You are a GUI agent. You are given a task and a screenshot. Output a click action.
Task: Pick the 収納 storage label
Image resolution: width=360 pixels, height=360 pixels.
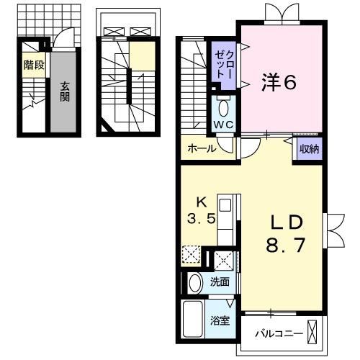click(309, 149)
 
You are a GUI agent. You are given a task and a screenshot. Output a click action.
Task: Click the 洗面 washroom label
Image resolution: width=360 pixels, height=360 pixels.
click(220, 282)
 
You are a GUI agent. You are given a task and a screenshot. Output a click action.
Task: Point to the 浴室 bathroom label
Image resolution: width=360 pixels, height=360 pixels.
click(220, 320)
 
